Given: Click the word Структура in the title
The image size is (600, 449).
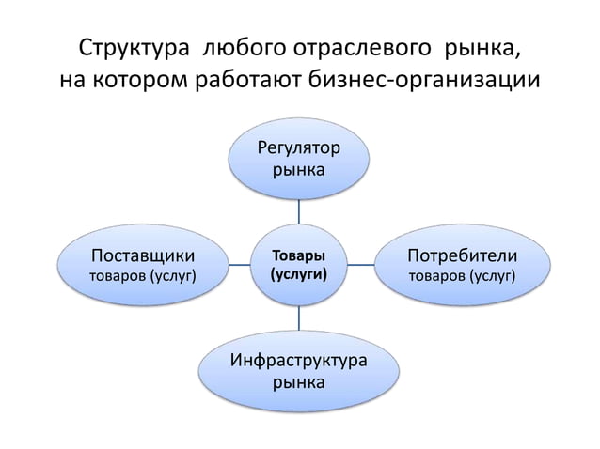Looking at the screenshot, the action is [x=134, y=48].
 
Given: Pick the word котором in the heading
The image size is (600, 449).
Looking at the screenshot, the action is [x=141, y=79].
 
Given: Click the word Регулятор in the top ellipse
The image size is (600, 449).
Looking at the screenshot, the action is [x=300, y=149].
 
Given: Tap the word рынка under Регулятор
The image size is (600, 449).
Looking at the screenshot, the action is [x=300, y=171].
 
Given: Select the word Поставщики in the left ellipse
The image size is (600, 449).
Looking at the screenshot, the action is [x=142, y=255].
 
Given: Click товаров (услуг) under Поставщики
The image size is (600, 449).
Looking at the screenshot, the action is [x=142, y=276].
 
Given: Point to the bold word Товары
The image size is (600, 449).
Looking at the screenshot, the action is [x=299, y=255].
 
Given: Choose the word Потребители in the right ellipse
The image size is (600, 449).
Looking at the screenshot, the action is [x=461, y=255].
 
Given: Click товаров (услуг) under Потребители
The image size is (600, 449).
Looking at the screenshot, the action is [x=461, y=276].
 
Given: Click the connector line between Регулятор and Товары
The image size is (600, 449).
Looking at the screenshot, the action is [x=299, y=211].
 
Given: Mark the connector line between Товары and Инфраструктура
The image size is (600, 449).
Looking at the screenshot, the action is [x=299, y=318].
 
